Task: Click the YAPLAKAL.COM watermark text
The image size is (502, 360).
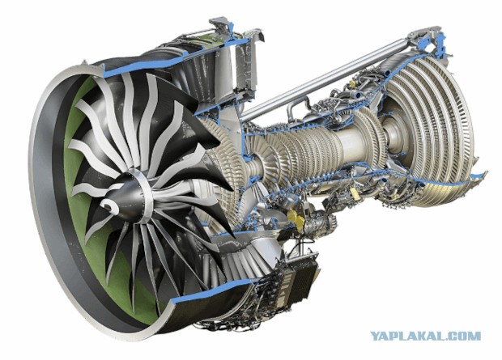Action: pyautogui.click(x=425, y=336)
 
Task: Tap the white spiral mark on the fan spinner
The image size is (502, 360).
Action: pyautogui.click(x=108, y=205)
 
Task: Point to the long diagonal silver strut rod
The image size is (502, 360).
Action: pyautogui.click(x=323, y=81)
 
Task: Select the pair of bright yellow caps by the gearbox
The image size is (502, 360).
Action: pyautogui.click(x=296, y=220)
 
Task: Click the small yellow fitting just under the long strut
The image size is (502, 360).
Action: pyautogui.click(x=352, y=84)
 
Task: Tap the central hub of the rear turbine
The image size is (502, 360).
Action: pyautogui.click(x=394, y=134)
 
